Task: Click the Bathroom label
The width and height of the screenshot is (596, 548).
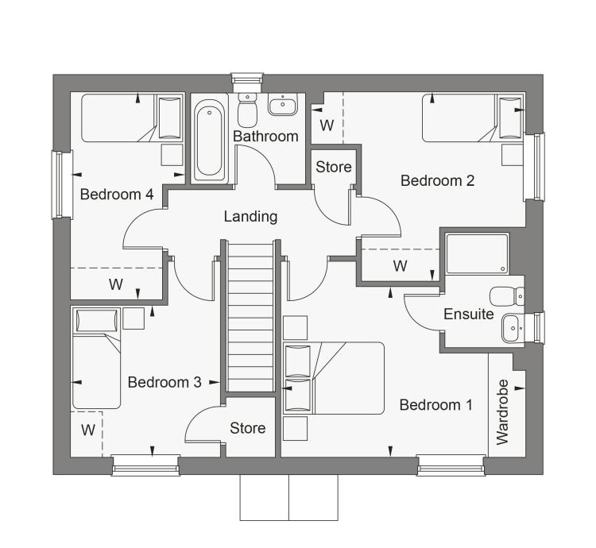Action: click(x=265, y=136)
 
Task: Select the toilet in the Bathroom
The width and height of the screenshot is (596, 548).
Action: click(x=247, y=110)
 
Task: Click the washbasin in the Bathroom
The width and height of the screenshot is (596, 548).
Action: click(x=282, y=104)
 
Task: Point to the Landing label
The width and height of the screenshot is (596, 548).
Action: click(x=250, y=217)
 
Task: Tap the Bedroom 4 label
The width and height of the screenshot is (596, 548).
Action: click(x=117, y=195)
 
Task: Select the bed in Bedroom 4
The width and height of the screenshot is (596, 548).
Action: click(x=132, y=118)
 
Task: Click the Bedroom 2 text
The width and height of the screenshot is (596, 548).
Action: click(x=438, y=181)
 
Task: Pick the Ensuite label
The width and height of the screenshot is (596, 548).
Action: click(x=469, y=314)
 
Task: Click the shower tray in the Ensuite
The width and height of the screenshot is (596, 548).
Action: click(x=477, y=253)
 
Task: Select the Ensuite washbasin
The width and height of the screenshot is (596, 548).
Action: click(x=513, y=328)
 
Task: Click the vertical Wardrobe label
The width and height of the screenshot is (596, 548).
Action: click(x=503, y=411)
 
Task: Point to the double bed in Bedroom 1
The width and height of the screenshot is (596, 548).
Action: click(x=334, y=378)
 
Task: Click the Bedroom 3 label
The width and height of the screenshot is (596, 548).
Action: click(x=164, y=382)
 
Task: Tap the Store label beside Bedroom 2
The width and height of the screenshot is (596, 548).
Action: click(x=334, y=167)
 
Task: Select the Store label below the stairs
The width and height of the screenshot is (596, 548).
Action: click(x=247, y=428)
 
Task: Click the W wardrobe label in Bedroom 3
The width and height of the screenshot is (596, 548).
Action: click(x=88, y=430)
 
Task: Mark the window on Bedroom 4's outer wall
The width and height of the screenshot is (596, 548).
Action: click(x=58, y=184)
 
